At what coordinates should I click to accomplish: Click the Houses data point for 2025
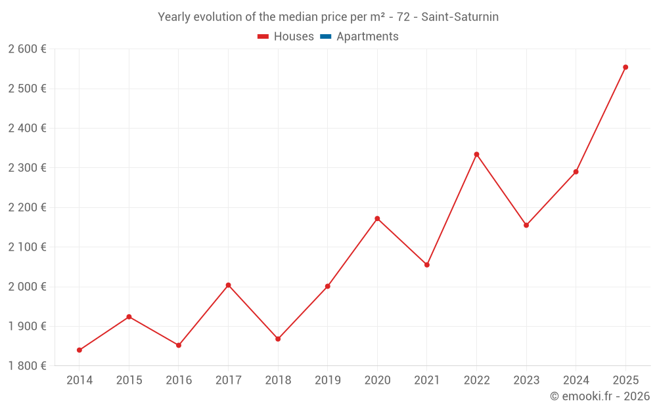point(625,67)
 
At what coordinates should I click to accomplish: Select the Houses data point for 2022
point(476,154)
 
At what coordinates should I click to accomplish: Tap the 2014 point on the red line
point(79,350)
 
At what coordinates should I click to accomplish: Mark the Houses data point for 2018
point(278,338)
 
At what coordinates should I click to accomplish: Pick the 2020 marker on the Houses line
point(377,218)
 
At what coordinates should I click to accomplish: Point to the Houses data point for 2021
point(427,264)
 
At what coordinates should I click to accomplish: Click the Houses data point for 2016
point(179,345)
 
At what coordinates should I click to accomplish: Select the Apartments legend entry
point(367,37)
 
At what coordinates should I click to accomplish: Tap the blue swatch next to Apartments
point(325,37)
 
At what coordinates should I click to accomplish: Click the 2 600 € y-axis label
point(27,49)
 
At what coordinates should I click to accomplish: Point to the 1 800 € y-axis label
point(27,365)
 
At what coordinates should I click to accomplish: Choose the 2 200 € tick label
point(27,207)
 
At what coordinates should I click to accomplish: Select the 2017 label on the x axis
point(228,380)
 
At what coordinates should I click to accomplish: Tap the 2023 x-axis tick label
point(526,380)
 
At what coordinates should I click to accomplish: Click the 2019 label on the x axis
point(328,380)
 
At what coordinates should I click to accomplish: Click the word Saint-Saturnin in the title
point(460,17)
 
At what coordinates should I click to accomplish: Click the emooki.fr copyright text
point(600,396)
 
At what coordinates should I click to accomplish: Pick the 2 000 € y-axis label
point(27,287)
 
